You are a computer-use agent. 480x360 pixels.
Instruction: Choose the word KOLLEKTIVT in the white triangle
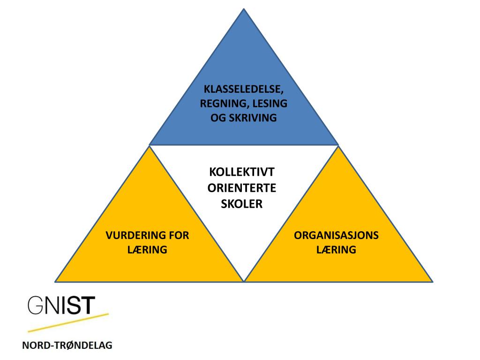[242, 172]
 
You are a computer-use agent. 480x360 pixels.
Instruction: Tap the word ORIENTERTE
[242, 188]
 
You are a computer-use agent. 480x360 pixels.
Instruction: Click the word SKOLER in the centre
[242, 204]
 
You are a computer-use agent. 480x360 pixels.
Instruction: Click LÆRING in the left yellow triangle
[147, 250]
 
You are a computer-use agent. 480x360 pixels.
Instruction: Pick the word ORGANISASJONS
[336, 235]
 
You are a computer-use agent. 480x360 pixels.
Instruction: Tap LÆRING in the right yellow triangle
[336, 250]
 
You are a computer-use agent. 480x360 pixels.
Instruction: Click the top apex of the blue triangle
[244, 9]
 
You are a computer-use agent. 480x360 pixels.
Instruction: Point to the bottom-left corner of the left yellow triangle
[56, 281]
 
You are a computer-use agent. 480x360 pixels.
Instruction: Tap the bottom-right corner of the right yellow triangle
[432, 281]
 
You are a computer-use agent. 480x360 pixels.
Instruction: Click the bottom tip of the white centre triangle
[244, 280]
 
